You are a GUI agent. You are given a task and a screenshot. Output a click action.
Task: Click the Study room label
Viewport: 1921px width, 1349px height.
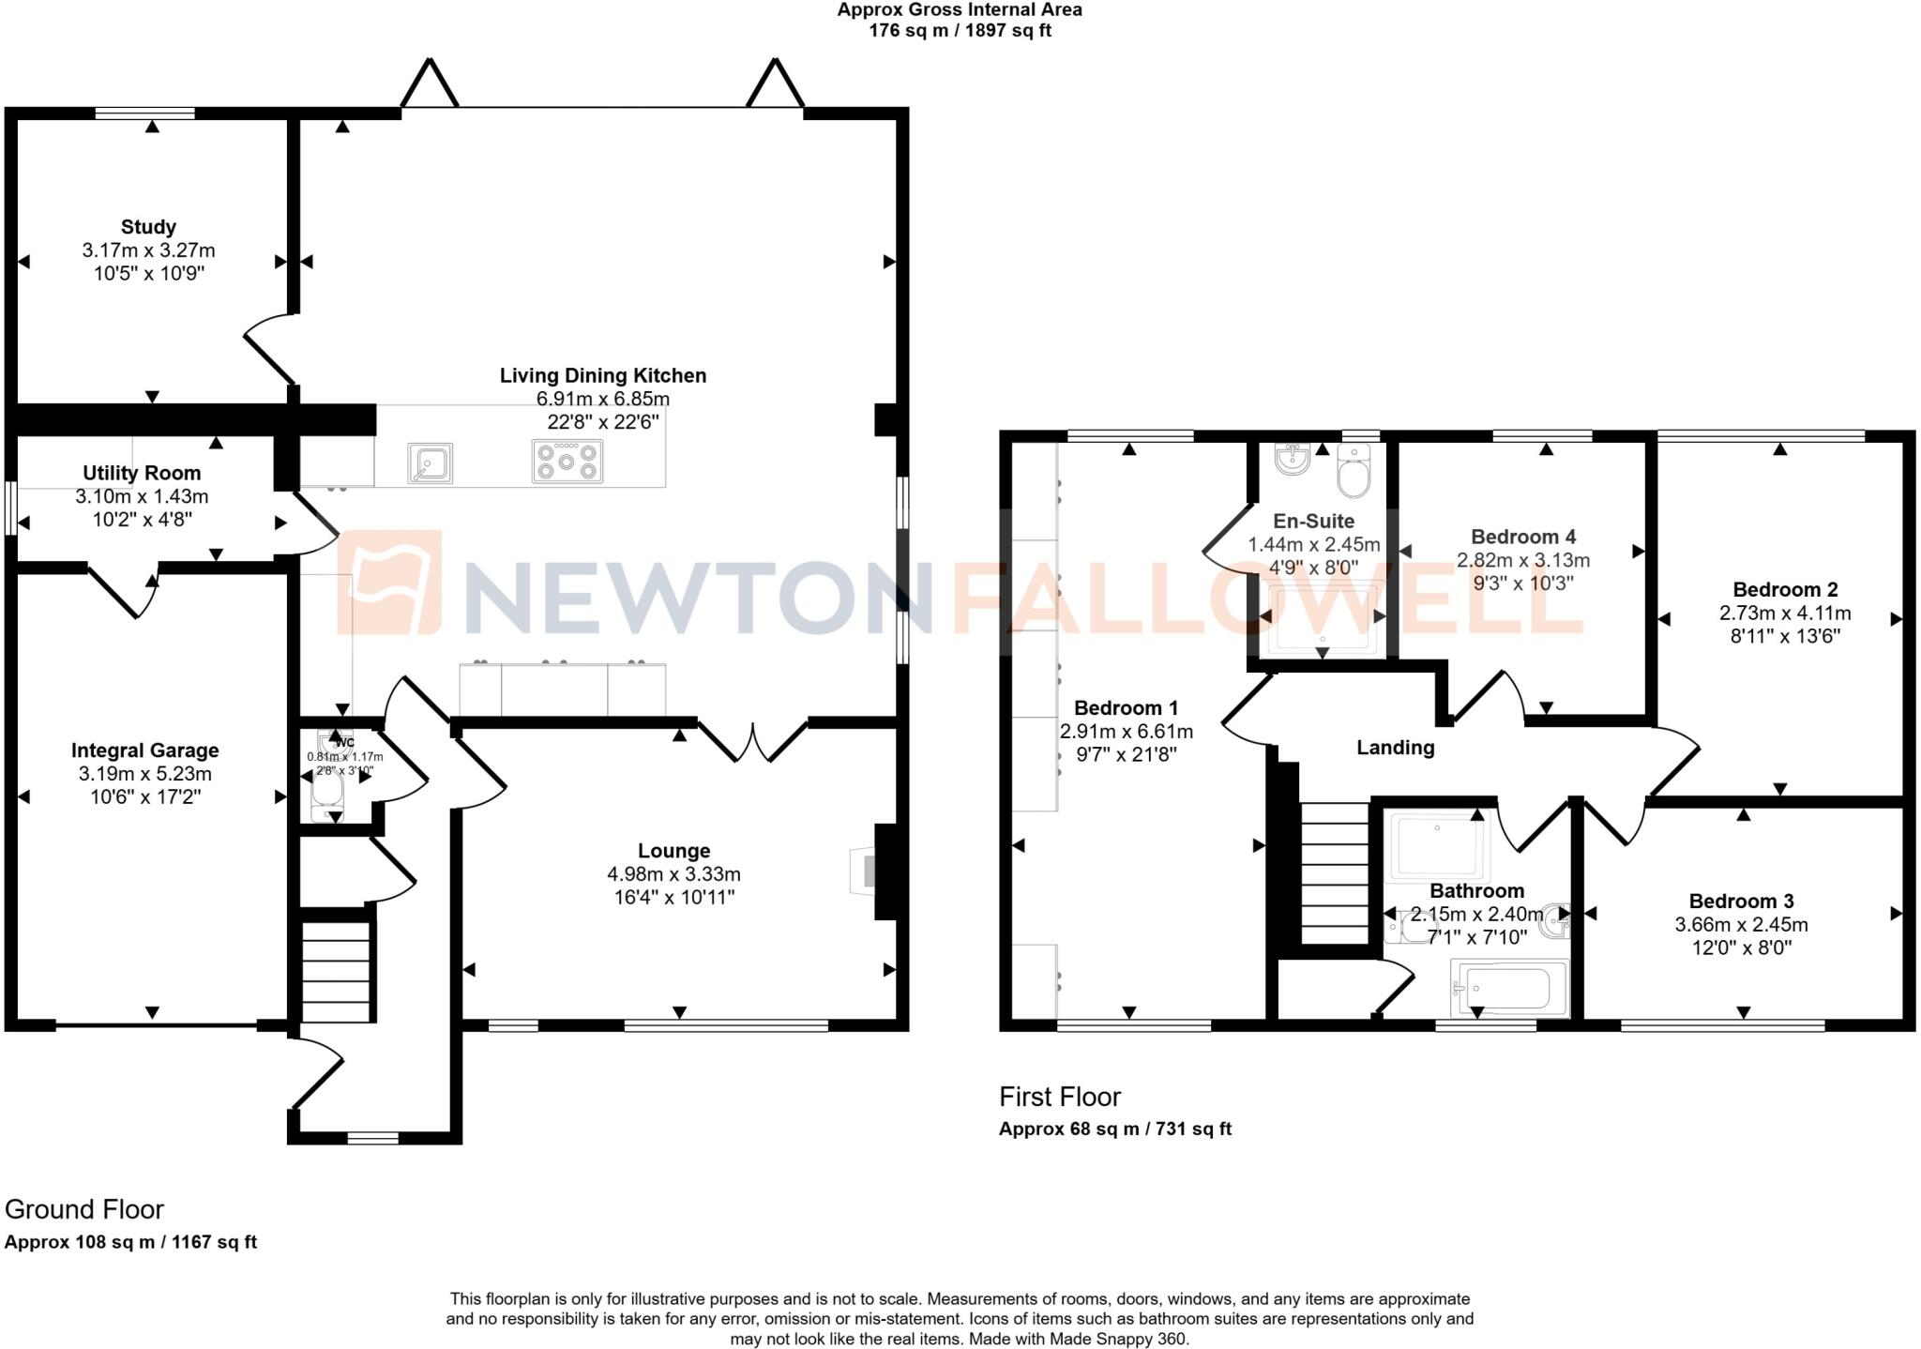(x=148, y=227)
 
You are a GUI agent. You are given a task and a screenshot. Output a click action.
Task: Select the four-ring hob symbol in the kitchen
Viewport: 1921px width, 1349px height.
(x=567, y=462)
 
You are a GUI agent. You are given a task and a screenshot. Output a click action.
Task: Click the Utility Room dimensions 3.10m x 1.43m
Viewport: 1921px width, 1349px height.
(x=142, y=496)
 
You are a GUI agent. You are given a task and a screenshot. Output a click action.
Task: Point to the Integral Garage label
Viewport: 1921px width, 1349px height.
(x=144, y=750)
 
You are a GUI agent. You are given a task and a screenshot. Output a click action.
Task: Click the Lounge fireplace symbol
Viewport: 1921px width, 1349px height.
(x=863, y=872)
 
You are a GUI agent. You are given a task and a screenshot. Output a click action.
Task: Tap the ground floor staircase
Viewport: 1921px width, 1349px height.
(x=337, y=971)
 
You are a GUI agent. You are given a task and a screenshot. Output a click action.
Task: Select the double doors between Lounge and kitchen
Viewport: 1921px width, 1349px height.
(x=753, y=740)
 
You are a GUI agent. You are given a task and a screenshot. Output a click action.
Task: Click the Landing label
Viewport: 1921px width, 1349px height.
(x=1395, y=748)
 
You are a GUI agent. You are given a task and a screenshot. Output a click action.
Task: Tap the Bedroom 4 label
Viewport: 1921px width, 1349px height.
(x=1522, y=537)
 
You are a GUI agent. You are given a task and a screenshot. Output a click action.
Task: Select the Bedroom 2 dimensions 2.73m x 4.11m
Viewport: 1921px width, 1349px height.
(x=1784, y=614)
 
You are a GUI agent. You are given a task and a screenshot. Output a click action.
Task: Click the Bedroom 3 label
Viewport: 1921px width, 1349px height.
(x=1741, y=902)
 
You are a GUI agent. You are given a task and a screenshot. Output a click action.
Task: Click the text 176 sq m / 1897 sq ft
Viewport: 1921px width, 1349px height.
(x=960, y=30)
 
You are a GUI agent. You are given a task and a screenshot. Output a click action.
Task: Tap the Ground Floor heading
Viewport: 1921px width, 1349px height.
(x=84, y=1209)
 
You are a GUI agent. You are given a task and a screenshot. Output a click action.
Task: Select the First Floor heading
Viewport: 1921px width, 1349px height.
(x=1059, y=1097)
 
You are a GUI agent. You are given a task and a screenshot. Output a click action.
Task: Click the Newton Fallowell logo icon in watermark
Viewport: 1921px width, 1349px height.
(x=389, y=583)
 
